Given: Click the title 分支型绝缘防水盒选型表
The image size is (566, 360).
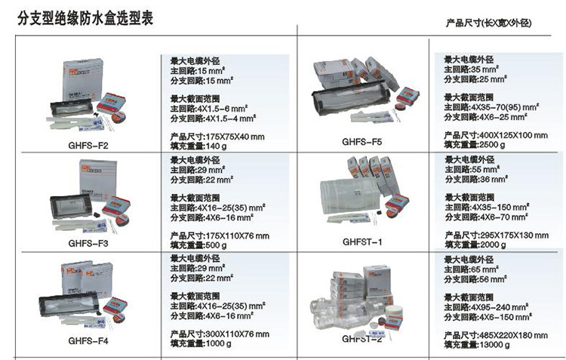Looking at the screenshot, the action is (85, 18).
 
